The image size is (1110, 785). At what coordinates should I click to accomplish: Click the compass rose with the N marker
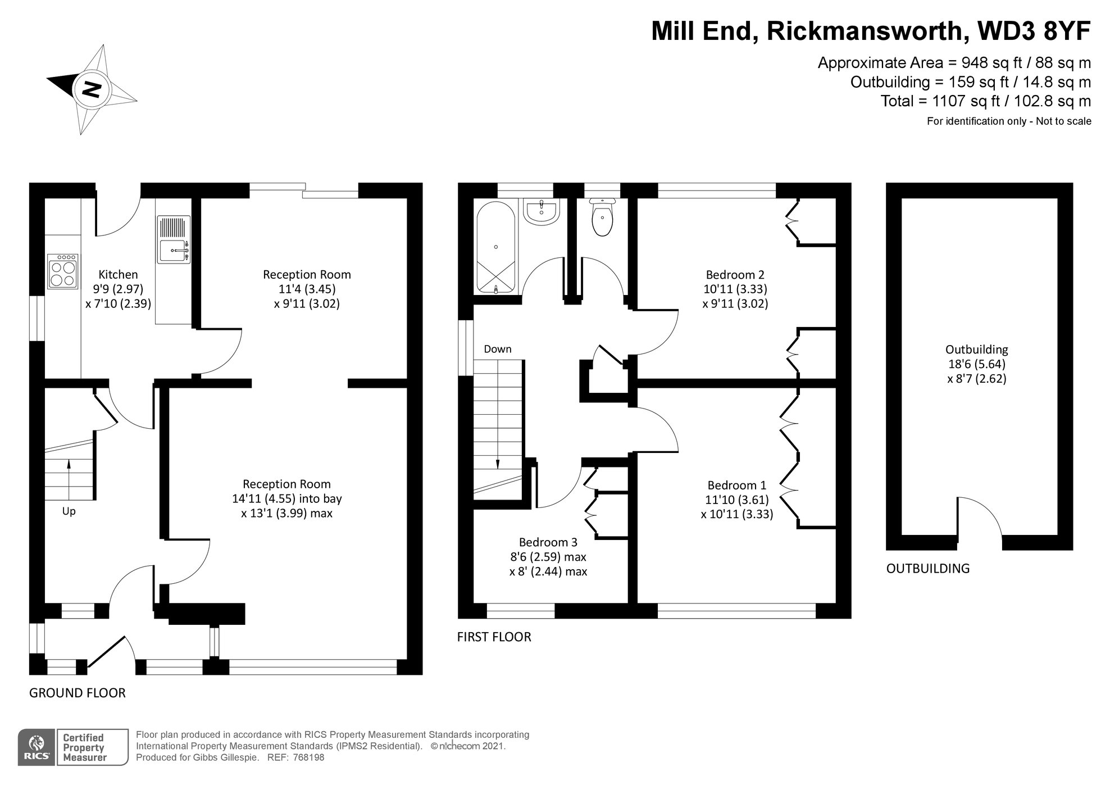click(x=92, y=89)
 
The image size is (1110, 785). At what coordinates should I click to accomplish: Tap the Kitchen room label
click(x=118, y=275)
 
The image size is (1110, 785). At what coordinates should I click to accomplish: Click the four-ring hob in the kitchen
click(x=63, y=272)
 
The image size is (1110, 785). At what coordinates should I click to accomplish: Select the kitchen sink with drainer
click(x=174, y=240)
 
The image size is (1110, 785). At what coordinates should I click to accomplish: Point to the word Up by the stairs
click(x=69, y=512)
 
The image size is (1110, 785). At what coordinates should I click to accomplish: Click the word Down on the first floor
click(x=497, y=349)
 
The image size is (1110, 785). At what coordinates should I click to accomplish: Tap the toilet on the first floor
click(x=602, y=220)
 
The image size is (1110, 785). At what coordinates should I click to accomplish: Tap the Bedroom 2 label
click(x=735, y=275)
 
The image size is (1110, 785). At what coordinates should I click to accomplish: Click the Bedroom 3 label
click(x=548, y=542)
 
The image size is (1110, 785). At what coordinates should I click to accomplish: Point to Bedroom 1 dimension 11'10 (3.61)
click(x=737, y=500)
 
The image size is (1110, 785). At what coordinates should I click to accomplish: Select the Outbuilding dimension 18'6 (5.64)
click(x=976, y=364)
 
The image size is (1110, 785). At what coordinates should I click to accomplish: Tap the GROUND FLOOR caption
click(x=77, y=693)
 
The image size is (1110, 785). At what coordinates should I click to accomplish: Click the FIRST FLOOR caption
click(x=494, y=637)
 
